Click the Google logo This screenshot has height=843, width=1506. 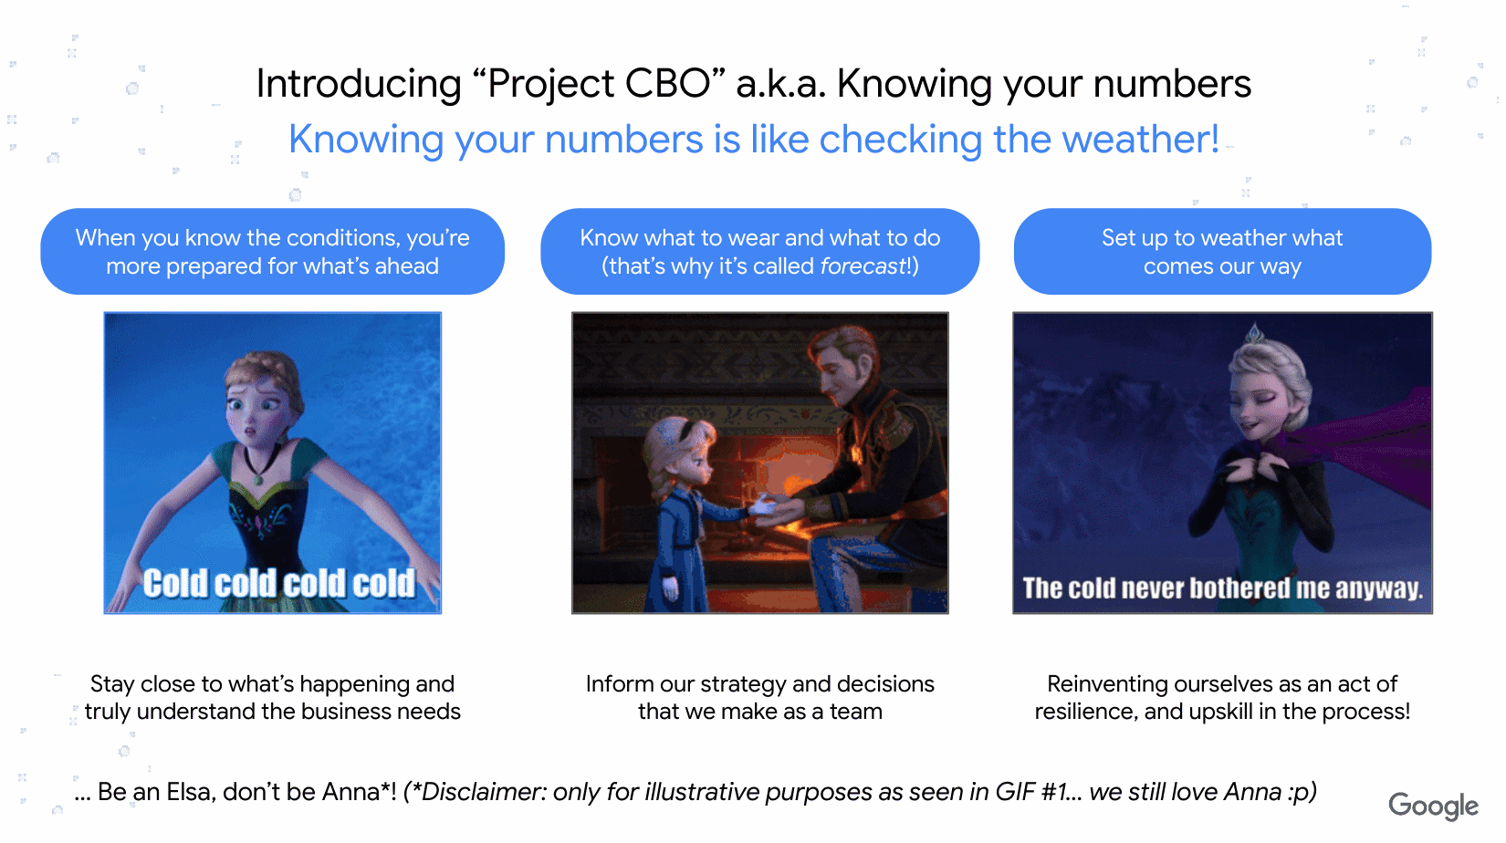click(1433, 806)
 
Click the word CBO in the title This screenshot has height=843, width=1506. click(667, 84)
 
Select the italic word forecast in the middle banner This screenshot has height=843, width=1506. click(862, 266)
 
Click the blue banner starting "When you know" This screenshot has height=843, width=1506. click(272, 252)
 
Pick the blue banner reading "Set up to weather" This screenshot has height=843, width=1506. click(1222, 252)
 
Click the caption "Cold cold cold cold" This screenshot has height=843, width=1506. click(278, 584)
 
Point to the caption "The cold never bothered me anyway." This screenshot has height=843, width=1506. click(1222, 588)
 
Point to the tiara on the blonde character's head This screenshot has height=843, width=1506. click(1255, 334)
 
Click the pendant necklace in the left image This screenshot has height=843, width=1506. click(259, 476)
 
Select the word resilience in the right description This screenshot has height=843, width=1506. click(1085, 712)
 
